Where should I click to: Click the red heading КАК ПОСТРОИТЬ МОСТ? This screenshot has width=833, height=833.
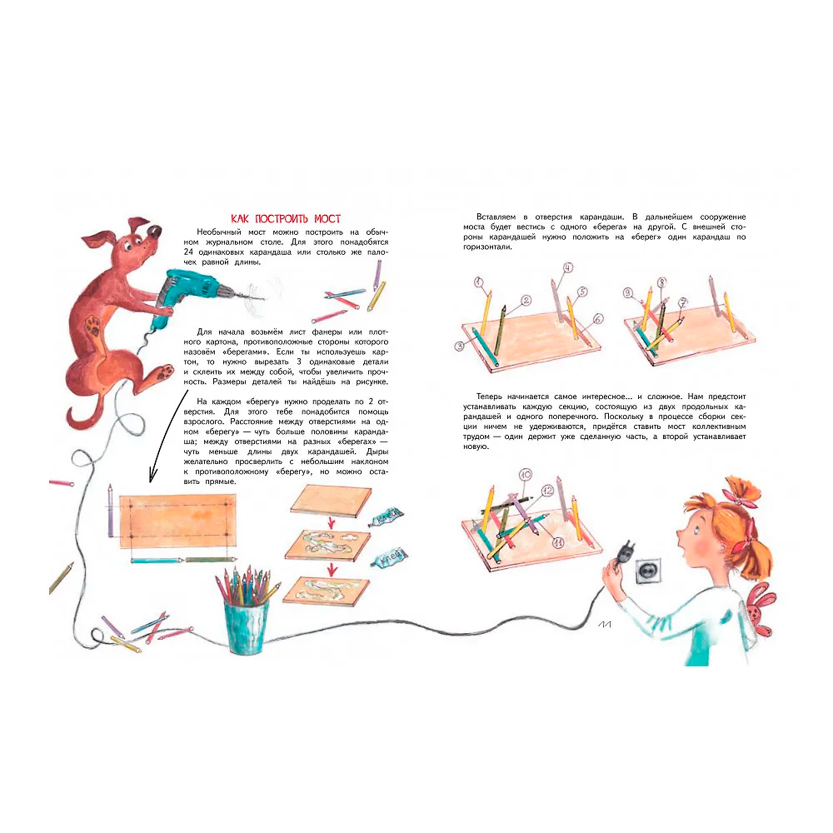286,219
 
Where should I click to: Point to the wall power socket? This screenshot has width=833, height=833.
647,570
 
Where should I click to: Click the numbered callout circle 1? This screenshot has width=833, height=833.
479,282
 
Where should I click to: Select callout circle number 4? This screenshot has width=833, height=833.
568,267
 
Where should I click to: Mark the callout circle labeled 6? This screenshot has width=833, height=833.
598,319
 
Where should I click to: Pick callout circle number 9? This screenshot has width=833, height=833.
628,292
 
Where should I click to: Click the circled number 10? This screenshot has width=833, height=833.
526,475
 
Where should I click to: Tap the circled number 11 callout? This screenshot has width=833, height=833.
558,542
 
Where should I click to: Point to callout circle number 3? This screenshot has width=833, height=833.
460,347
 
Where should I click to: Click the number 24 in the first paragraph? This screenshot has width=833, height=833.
188,252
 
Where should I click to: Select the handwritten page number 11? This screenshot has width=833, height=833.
605,625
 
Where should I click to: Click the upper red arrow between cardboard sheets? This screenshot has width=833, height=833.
331,522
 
